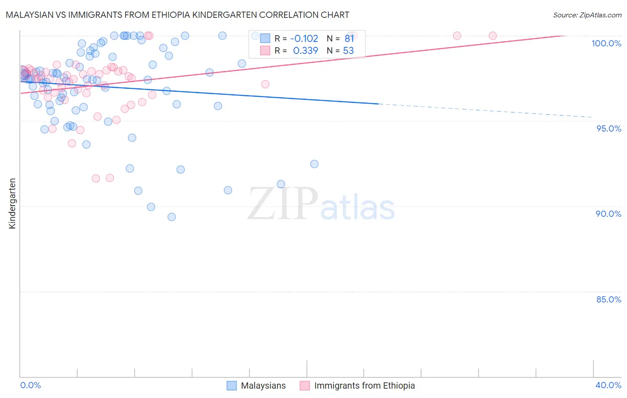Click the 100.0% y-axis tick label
(606, 43)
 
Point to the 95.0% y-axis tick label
(609, 129)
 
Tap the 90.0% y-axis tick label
(609, 214)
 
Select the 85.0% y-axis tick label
(609, 299)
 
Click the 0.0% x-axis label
(30, 385)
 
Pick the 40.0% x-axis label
(608, 385)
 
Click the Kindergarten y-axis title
(12, 203)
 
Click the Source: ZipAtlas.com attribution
(587, 15)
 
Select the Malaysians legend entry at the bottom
(256, 386)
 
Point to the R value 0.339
(305, 51)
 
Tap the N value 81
(349, 39)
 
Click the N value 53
(348, 51)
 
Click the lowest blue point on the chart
(172, 217)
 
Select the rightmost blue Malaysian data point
(314, 164)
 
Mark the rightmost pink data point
(493, 36)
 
